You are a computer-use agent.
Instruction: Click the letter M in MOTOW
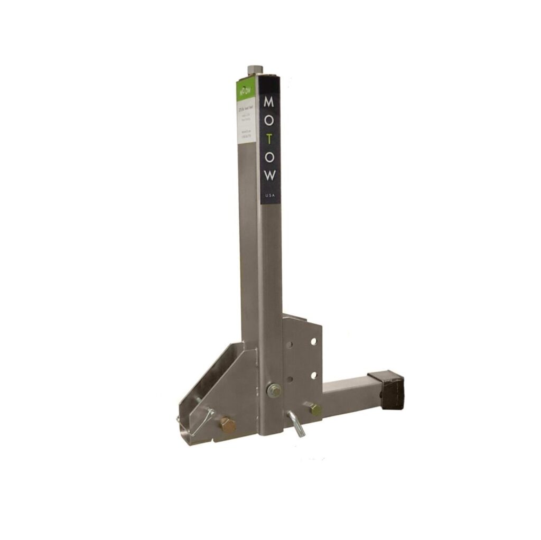[x=269, y=101]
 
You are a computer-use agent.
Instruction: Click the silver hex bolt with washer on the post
[x=274, y=391]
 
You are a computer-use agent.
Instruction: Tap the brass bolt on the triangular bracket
[x=227, y=424]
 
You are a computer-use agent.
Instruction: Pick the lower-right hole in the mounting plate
[x=313, y=375]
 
